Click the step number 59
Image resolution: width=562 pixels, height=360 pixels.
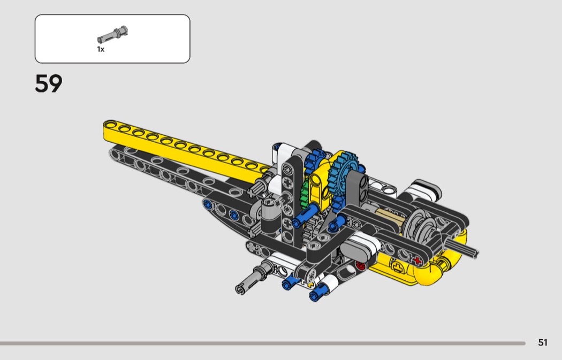point(48,83)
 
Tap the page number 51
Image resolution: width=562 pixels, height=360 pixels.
point(543,342)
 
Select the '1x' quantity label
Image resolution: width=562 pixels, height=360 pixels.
point(101,49)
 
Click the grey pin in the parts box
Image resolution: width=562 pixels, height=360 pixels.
point(112,35)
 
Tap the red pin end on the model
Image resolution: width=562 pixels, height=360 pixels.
point(360,265)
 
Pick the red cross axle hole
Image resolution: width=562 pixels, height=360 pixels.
point(417,261)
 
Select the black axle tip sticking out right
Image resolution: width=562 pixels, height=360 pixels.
point(462,248)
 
